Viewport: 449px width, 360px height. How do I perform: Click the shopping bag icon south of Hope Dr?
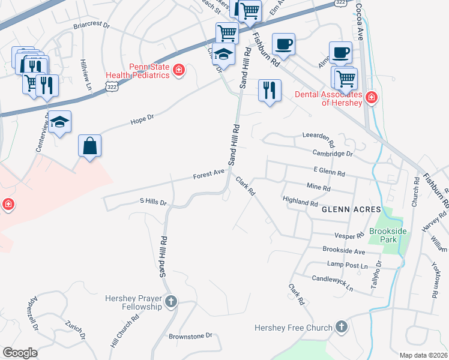(89, 146)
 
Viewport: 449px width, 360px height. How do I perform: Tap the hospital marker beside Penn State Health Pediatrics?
(178, 71)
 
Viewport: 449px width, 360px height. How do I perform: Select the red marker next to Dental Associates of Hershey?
(371, 97)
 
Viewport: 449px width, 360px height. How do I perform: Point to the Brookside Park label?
(384, 235)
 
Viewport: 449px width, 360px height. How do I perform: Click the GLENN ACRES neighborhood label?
(351, 209)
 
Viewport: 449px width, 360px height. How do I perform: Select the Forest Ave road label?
(208, 175)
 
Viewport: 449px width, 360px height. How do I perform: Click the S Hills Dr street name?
(152, 202)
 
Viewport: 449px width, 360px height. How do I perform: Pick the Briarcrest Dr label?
(91, 26)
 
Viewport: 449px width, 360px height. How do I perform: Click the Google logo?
(20, 353)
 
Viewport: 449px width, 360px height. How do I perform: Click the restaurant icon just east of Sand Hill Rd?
(270, 91)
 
